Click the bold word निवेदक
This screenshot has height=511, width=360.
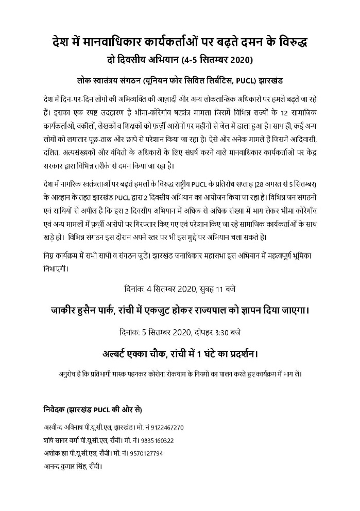(55, 410)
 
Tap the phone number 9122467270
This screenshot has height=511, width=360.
(166, 428)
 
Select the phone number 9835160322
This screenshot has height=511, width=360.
(155, 440)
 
